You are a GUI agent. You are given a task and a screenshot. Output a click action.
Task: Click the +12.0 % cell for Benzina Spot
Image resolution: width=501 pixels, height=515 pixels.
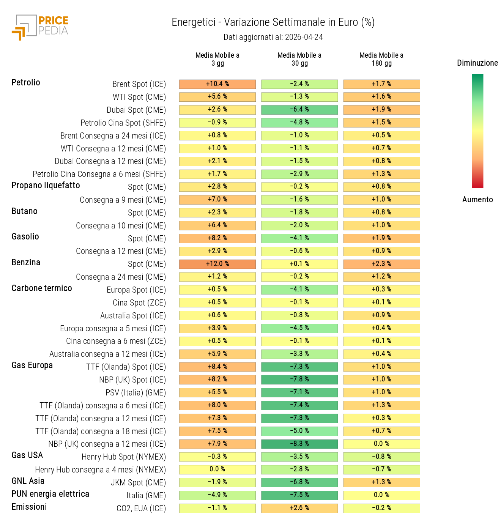coord(217,264)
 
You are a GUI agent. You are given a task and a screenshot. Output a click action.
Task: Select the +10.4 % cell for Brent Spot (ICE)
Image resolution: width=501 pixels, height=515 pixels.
coord(217,84)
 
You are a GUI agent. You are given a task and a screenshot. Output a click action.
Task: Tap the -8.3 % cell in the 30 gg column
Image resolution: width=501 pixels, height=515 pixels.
coord(299,444)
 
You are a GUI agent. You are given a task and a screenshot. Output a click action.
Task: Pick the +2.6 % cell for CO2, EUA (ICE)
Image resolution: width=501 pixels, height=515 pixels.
coord(299,508)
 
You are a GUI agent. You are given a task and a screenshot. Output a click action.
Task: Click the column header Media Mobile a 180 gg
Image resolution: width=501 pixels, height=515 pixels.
coord(381,59)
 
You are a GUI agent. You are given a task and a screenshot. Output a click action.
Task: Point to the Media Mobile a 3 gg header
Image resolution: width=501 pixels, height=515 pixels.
coord(217,59)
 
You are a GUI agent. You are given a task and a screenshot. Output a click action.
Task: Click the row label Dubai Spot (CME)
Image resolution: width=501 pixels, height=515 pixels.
coord(136,110)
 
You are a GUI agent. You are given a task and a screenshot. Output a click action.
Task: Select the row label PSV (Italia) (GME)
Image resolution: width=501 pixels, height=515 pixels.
coord(135,393)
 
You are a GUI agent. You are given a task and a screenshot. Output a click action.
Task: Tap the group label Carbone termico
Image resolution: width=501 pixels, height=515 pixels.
coord(42,288)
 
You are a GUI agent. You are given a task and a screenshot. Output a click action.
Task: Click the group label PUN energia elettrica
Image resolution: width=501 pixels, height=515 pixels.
coord(50,494)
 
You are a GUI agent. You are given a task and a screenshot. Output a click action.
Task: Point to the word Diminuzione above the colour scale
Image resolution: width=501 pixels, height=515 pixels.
coord(477,63)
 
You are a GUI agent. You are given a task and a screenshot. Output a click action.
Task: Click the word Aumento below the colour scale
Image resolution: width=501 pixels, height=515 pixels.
coord(477,200)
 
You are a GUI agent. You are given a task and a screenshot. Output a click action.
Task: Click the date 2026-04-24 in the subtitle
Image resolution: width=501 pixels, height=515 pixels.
coord(304,37)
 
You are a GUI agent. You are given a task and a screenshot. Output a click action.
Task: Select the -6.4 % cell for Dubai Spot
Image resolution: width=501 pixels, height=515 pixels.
coord(299,110)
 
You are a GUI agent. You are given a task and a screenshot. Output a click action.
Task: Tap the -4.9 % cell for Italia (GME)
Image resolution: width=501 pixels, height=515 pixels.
coord(217,495)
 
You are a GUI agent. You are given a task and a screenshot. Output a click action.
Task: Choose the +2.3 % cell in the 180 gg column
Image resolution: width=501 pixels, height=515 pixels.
coord(381,264)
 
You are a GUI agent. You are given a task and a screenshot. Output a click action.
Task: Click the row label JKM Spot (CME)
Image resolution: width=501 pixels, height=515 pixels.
coord(138,483)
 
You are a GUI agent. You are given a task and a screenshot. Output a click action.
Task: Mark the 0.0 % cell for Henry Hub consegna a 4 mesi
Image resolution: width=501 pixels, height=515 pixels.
coord(217,469)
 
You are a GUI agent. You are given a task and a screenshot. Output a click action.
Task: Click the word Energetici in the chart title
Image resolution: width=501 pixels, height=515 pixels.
coord(194,22)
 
